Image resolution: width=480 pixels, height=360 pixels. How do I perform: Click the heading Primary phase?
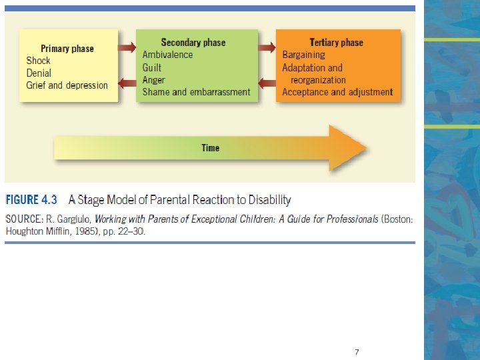point(67,49)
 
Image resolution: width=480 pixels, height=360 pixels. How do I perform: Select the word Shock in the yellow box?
point(38,61)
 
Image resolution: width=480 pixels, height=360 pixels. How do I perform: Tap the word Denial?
point(39,73)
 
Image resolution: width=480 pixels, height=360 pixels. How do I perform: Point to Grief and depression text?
point(67,85)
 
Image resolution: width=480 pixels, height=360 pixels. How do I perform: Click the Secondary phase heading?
point(193,43)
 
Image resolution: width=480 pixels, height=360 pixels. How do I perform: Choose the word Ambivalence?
point(167,55)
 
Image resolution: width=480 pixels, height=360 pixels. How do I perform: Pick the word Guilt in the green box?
point(152,67)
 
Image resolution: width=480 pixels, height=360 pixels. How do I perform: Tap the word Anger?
point(153,80)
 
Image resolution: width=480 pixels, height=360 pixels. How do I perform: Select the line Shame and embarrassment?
point(196,92)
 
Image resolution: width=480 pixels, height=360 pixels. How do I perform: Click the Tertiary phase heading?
point(337,43)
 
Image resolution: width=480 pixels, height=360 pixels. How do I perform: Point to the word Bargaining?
point(303,55)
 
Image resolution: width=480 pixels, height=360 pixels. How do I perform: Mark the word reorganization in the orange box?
point(318,80)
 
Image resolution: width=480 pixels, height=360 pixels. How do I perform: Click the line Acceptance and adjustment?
point(337,92)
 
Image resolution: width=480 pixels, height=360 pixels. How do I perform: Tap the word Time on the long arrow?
point(210,148)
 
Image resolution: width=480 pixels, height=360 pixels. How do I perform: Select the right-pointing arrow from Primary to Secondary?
point(127,48)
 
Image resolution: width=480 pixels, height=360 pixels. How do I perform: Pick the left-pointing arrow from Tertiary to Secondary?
point(267,83)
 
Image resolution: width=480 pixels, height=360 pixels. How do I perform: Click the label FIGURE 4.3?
point(32,199)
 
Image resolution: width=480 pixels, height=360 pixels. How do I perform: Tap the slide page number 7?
point(357,351)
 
